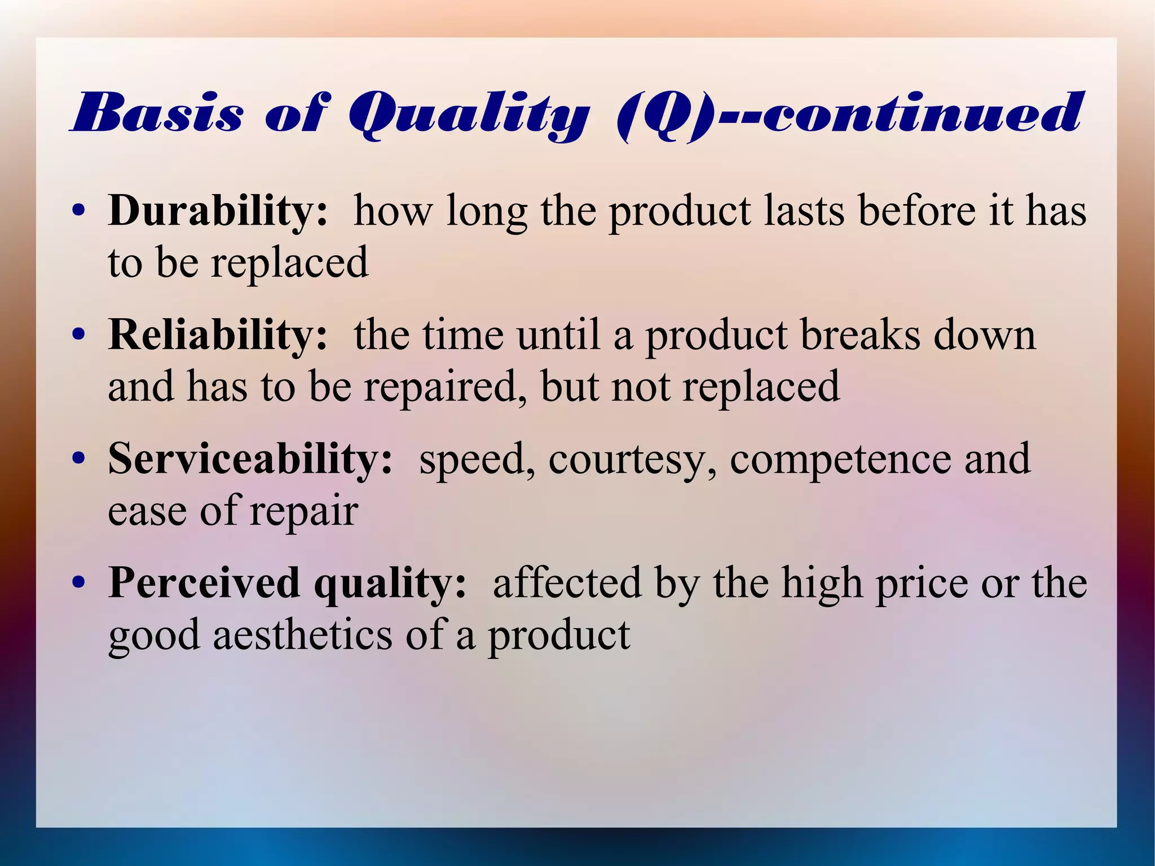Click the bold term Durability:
point(218,210)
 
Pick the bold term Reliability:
point(218,335)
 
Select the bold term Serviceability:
point(250,459)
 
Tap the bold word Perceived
point(204,583)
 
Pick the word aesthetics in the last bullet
point(302,636)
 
